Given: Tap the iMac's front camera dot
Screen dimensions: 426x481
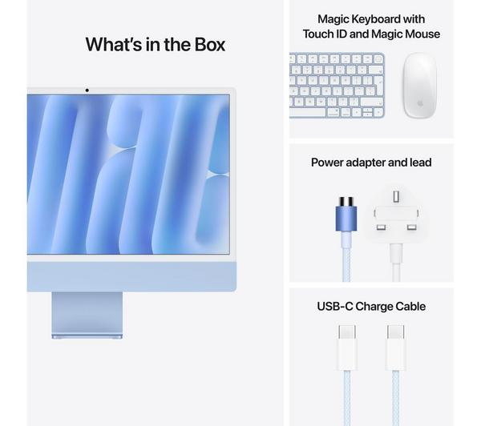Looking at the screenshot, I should tap(87, 89).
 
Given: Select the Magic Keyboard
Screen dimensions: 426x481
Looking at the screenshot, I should tap(337, 86).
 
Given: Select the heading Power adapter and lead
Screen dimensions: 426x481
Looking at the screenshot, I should tap(371, 163).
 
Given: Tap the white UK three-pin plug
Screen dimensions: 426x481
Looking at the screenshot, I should tap(395, 215).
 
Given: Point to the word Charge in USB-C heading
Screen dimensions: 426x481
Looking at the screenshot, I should tap(376, 307).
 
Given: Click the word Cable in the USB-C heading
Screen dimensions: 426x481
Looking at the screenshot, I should tap(412, 307).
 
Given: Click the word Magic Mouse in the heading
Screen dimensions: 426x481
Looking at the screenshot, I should tap(410, 34).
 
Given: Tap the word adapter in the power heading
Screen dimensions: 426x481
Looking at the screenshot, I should tap(368, 163).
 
